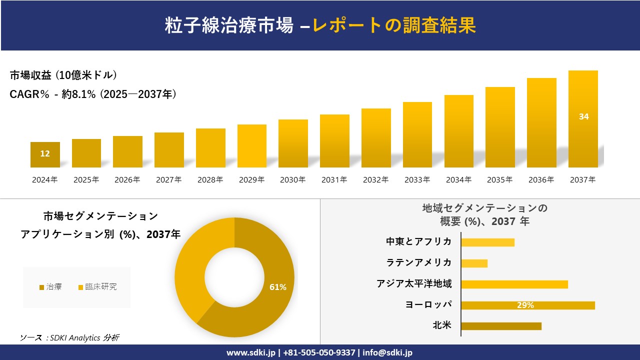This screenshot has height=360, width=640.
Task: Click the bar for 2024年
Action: click(45, 154)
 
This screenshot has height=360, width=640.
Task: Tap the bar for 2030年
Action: click(293, 143)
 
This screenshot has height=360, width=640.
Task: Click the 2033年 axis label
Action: click(417, 180)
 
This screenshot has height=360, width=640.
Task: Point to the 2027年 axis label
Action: click(168, 180)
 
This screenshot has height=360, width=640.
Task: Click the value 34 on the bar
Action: click(583, 116)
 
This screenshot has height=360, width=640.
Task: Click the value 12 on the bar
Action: click(45, 153)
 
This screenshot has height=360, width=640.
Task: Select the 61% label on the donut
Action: click(278, 287)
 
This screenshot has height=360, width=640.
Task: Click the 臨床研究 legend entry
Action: click(100, 287)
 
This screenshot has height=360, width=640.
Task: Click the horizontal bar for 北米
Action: click(501, 326)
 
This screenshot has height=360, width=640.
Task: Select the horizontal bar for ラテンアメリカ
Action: click(474, 263)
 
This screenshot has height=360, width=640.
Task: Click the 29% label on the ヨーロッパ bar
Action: click(525, 305)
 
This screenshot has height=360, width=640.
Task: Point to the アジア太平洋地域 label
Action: click(414, 284)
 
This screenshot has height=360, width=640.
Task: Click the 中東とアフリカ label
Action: click(418, 242)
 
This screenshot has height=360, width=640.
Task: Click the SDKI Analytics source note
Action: click(69, 338)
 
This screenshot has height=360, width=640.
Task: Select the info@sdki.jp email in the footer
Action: click(388, 352)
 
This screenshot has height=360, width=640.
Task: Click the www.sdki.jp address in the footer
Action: click(251, 352)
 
